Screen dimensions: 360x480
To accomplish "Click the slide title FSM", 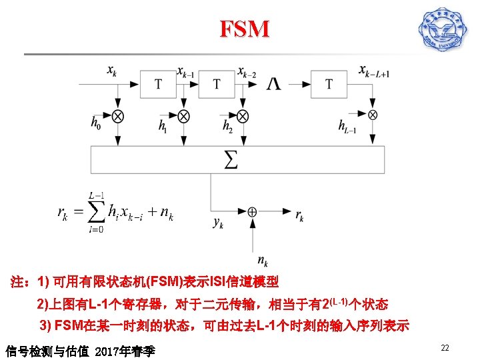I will tap(245, 29).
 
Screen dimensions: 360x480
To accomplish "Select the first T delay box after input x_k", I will tap(158, 84).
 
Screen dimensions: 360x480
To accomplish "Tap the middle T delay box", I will tap(217, 84).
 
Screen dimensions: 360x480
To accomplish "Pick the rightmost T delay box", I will tap(329, 84).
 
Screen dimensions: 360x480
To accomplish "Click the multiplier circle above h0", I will tap(118, 115).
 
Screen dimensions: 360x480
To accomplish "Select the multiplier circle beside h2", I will tap(243, 115).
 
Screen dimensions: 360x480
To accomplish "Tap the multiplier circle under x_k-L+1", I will tap(373, 115).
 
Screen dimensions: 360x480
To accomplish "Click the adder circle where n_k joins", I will tap(252, 211).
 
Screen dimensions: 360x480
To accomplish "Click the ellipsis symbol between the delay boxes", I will tap(273, 84).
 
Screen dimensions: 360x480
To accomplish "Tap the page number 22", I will tap(445, 347).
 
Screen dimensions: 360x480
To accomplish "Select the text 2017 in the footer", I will tap(108, 350).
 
